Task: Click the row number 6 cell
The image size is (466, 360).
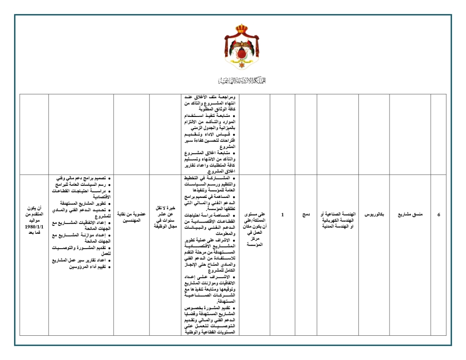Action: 439,215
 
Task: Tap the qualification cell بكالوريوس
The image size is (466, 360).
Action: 373,215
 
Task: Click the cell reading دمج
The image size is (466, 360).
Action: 306,215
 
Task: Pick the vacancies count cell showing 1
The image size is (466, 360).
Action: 283,215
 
